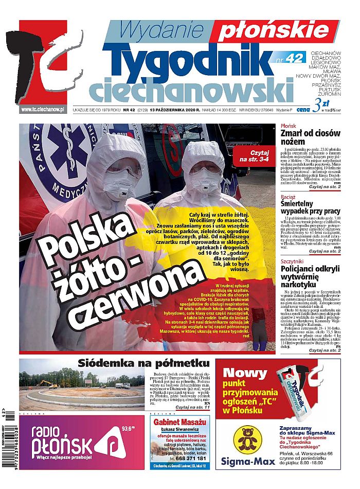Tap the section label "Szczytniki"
click(292, 261)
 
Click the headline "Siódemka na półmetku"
click(144, 363)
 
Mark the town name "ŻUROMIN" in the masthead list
click(330, 95)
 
